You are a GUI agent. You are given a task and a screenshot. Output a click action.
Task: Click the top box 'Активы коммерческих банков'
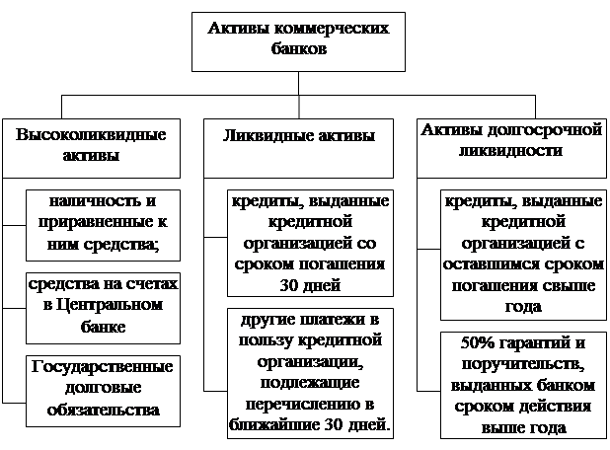pos(298,42)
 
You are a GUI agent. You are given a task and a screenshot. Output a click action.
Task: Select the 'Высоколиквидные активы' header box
pos(91,149)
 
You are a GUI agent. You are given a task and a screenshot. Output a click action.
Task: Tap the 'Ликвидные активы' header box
pos(298,149)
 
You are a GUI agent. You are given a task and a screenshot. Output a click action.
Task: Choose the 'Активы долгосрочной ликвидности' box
pos(511,149)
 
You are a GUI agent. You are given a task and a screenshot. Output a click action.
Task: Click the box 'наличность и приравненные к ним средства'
pos(103,225)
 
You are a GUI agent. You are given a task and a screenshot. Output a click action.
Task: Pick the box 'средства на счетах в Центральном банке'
pos(103,308)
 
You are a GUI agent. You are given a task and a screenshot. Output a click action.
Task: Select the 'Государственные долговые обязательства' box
pos(103,391)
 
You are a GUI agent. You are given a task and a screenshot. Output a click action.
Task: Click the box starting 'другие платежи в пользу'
pos(310,373)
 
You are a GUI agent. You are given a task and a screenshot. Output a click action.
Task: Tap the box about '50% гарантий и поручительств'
pos(523,385)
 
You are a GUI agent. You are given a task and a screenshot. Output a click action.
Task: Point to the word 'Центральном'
pos(110,305)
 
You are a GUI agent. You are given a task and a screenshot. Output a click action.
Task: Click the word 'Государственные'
pos(103,367)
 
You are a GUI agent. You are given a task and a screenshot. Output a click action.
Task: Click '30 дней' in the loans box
pos(310,285)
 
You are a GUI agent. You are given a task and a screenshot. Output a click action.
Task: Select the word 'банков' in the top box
pos(299,49)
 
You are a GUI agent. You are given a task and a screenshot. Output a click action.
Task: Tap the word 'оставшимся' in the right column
pos(491,264)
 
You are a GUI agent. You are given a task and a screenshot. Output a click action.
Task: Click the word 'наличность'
pos(95,201)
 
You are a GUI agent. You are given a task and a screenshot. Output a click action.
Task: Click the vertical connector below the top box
pos(299,95)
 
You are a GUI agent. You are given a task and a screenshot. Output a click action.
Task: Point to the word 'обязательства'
pos(103,411)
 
